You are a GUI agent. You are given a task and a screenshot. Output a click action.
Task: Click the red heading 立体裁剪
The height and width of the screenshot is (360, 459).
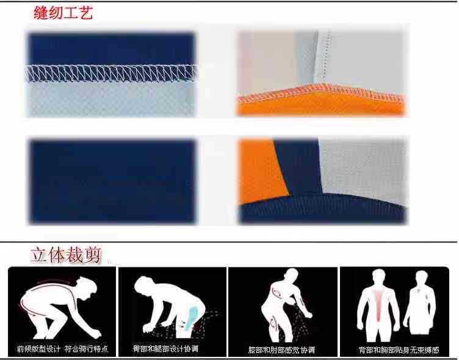(x=67, y=254)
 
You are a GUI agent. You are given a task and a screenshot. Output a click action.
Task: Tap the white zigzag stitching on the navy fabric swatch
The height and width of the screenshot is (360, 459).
(x=111, y=73)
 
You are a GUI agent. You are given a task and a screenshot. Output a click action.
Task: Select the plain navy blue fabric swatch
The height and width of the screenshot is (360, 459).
(x=112, y=181)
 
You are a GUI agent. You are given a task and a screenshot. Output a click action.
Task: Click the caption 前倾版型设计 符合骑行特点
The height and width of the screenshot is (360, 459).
(x=62, y=349)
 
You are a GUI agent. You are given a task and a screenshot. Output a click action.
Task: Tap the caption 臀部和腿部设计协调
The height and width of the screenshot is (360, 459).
(x=165, y=349)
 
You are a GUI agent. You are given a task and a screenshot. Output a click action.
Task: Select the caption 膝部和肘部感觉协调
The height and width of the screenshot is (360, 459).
(x=281, y=350)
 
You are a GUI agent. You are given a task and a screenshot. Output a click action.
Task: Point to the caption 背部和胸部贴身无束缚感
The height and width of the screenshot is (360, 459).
(x=399, y=350)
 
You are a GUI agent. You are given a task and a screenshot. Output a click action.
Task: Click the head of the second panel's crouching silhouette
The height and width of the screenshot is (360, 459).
(x=144, y=284)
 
